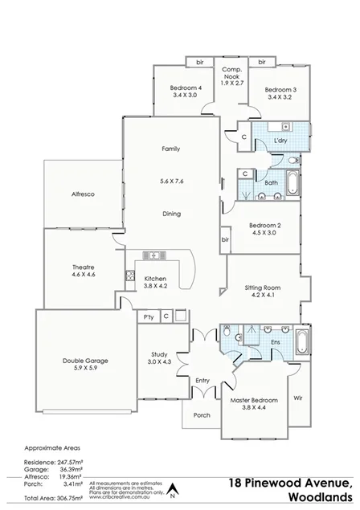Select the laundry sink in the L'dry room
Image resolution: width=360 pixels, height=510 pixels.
pos(286,127)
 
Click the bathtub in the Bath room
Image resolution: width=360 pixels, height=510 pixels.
pos(292,184)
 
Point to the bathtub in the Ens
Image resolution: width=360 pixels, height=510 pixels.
pos(303,341)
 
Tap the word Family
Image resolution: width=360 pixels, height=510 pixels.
pos(170,149)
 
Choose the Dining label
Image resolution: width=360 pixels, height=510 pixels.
pos(170,214)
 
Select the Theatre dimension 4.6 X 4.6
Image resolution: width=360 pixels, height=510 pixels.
pos(84,275)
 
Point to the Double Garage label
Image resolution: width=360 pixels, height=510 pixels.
pos(85,361)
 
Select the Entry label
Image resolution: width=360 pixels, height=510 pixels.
pos(202,380)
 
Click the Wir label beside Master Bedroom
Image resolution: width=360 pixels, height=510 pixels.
pos(297,398)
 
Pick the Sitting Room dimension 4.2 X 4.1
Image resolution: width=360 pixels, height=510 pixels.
pos(262,295)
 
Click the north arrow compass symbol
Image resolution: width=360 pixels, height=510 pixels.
pos(171,487)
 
